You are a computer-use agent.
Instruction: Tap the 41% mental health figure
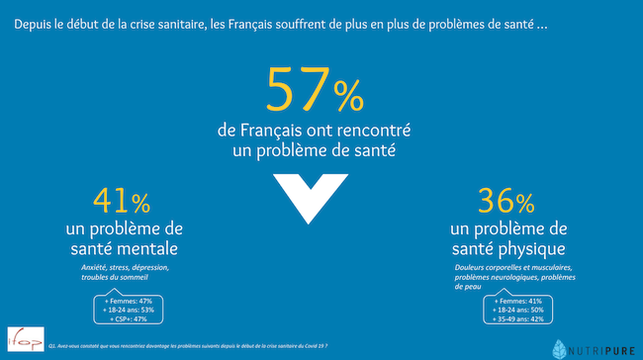pos(121,202)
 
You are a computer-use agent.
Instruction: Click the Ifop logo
pos(19,341)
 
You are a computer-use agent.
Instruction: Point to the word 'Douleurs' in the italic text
pos(472,269)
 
